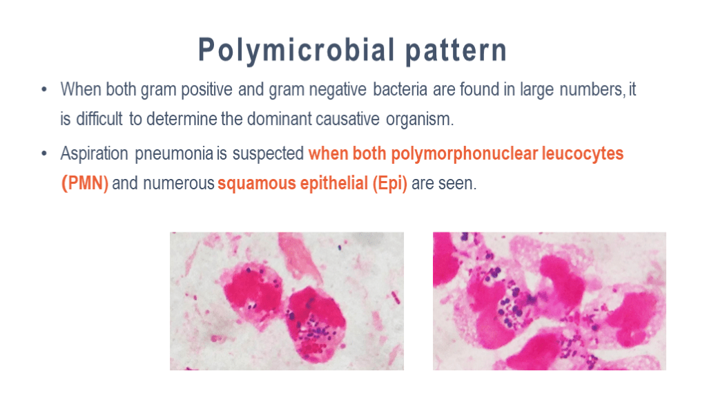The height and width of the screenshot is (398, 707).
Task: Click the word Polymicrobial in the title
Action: (x=296, y=50)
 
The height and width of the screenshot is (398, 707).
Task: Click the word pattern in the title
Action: (x=456, y=50)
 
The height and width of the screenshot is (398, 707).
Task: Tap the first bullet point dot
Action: (x=44, y=89)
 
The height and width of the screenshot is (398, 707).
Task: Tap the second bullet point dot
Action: (x=44, y=153)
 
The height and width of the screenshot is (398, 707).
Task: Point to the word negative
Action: (x=340, y=90)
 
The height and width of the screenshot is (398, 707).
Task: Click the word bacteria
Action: (x=400, y=89)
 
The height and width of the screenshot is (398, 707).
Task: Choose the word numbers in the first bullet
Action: (x=592, y=89)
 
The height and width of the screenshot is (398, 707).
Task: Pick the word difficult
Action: (x=99, y=119)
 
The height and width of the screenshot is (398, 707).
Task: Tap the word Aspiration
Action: (x=94, y=154)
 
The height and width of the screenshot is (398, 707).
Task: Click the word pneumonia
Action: (x=174, y=154)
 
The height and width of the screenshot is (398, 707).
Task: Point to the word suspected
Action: (x=268, y=154)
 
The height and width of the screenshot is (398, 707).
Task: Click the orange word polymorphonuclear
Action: (x=465, y=154)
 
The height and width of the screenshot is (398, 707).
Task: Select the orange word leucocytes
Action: (x=583, y=154)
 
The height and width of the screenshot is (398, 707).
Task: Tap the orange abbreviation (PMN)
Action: (x=85, y=184)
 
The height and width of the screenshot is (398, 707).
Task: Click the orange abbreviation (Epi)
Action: (x=390, y=184)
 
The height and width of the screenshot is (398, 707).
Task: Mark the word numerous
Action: (x=179, y=184)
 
